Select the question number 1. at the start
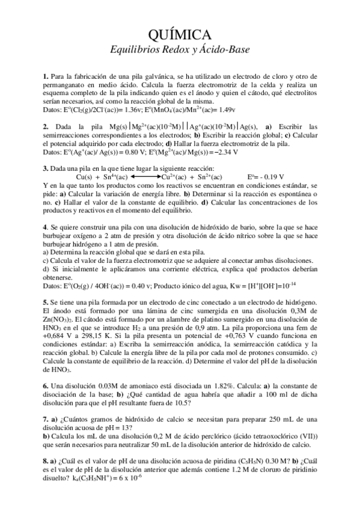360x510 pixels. [46, 77]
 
